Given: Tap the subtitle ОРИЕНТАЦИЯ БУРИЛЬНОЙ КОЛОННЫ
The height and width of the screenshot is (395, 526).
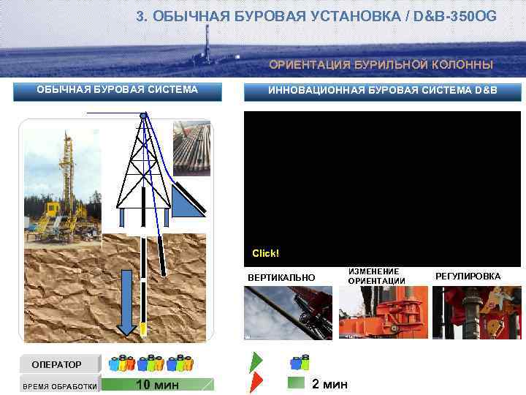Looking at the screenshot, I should coord(381,64).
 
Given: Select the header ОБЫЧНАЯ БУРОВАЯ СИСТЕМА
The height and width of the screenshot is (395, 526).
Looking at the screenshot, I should coord(118,90).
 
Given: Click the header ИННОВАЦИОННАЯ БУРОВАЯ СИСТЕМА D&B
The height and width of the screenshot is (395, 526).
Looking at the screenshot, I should coord(382,90).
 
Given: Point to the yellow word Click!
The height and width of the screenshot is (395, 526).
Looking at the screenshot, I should coord(266,253).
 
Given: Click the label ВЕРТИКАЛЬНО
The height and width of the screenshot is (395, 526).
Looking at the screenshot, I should coord(281,278).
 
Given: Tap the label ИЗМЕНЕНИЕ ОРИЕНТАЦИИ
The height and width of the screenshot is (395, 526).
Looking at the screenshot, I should coord(376,276).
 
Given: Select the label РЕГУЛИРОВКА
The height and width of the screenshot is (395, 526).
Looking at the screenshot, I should coord(468,276).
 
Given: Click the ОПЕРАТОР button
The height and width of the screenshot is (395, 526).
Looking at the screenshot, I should coord(57,364).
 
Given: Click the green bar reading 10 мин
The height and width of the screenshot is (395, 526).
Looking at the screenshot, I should coord(157,385).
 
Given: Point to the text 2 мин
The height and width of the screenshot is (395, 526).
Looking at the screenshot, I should coord(329,385).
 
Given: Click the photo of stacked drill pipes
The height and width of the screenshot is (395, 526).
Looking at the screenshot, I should coord(191,148).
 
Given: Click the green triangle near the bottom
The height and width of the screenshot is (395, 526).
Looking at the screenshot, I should coord(256,362).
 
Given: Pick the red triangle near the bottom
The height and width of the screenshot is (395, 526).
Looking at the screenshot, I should coord(256,383).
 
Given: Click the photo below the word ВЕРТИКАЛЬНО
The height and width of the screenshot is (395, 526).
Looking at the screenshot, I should coord(288,312).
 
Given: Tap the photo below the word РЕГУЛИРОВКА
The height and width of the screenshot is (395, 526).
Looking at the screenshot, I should coord(476,312).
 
